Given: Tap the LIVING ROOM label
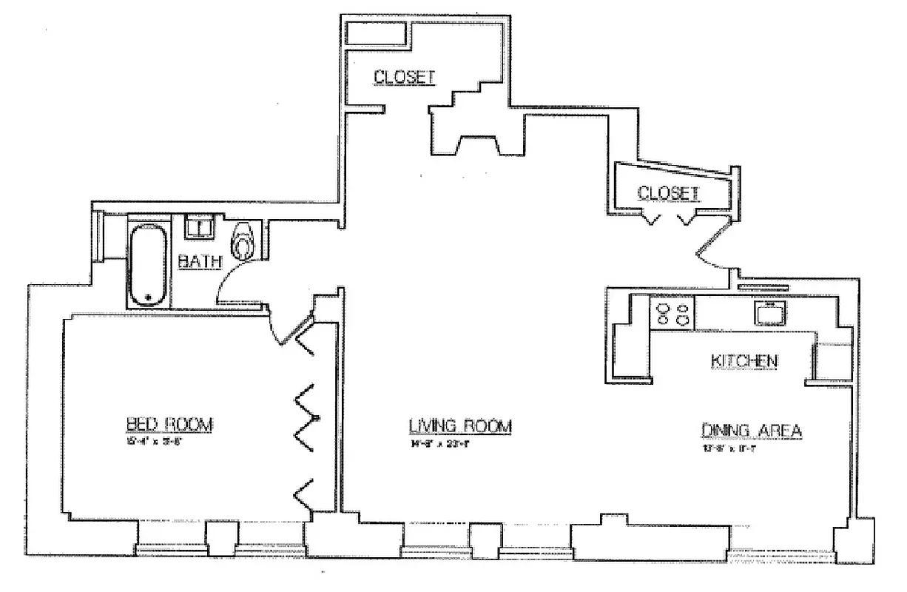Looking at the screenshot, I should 461,426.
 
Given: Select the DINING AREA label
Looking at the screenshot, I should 752,430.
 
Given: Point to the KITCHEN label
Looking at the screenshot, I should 744,360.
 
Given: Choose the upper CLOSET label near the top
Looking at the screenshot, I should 402,76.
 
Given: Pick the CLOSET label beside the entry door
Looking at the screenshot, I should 668,193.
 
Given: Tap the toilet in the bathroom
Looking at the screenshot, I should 243,240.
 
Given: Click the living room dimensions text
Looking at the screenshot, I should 442,445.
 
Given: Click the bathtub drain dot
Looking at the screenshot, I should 149,297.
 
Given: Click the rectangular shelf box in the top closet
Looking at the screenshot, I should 377,33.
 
